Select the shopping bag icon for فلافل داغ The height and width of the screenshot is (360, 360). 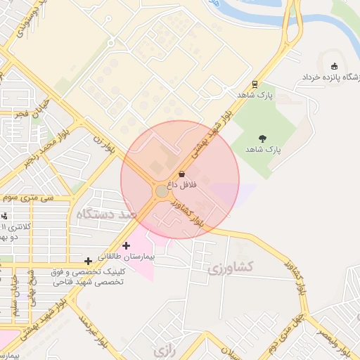click(182, 173)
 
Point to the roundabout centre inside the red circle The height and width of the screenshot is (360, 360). click(162, 191)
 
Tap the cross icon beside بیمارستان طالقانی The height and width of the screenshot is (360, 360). click(126, 245)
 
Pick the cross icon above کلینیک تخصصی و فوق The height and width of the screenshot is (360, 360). click(87, 261)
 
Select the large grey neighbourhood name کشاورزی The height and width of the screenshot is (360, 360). click(239, 268)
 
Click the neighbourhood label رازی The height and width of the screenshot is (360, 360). click(163, 348)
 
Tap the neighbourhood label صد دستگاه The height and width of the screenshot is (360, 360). click(105, 214)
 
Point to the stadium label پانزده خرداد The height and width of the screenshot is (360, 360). click(331, 76)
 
